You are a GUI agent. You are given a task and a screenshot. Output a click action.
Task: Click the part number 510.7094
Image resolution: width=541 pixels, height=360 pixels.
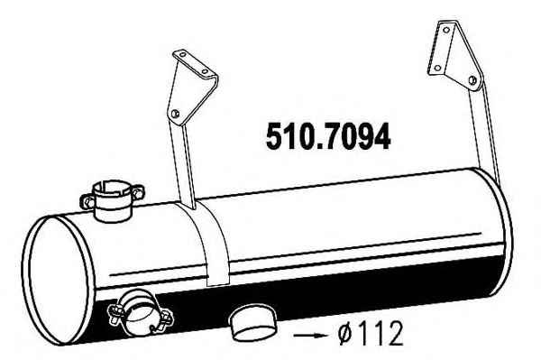click(x=328, y=136)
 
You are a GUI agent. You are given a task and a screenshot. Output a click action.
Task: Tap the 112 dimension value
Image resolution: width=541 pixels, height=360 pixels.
click(x=380, y=334)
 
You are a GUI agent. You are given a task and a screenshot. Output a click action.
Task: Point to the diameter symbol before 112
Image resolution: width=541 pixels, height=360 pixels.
click(x=346, y=334)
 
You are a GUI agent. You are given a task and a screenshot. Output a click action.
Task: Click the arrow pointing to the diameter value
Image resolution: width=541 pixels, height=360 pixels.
click(x=309, y=335)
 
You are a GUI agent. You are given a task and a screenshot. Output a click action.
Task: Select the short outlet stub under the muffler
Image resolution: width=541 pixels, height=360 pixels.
click(x=252, y=322)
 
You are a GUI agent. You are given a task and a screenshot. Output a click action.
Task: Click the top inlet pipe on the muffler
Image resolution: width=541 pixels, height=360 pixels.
click(x=112, y=201)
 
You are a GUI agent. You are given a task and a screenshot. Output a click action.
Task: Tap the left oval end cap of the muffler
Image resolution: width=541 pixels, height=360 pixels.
click(x=58, y=281)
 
